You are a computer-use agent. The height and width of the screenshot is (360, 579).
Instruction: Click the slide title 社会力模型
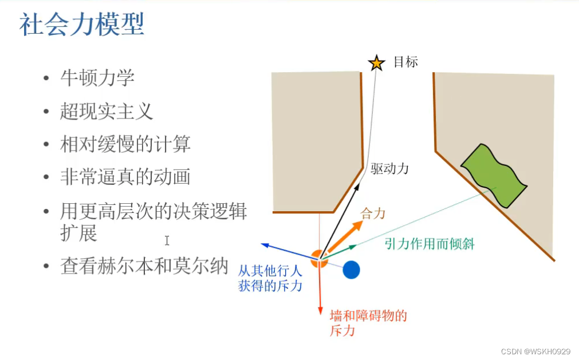(81, 26)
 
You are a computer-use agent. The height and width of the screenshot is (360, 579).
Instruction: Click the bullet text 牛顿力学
(97, 78)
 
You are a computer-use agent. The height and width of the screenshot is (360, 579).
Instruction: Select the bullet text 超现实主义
(107, 111)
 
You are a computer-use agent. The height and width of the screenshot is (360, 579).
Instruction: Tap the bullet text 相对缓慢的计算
(125, 144)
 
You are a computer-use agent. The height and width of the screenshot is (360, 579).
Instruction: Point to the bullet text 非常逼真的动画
(125, 177)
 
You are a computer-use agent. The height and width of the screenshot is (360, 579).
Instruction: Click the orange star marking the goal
(376, 62)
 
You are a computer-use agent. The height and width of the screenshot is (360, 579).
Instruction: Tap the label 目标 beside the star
(405, 62)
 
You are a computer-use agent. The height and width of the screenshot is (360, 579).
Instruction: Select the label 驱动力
(389, 169)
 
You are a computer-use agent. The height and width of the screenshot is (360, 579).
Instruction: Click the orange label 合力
(373, 214)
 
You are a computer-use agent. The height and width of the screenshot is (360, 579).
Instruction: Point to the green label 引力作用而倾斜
(430, 244)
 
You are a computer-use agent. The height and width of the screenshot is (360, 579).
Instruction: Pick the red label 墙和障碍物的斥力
(368, 323)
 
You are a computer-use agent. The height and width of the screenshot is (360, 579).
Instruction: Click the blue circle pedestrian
(351, 270)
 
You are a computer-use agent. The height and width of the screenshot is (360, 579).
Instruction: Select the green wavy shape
(494, 175)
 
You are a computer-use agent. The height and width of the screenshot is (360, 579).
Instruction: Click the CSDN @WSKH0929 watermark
(535, 351)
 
